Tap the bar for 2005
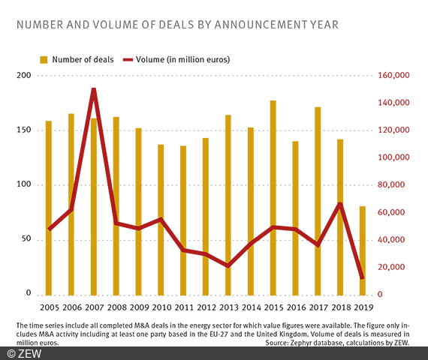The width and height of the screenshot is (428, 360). coord(49,207)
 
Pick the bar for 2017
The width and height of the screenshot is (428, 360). coord(318,200)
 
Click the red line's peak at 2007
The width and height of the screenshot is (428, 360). coord(94,89)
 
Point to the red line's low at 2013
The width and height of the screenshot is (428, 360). coord(228,266)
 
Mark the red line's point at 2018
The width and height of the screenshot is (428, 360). coord(340,203)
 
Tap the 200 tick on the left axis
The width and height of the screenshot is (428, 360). coord(23,76)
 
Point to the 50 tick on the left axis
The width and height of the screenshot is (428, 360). coord(25,239)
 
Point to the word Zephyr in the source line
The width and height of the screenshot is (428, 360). coord(309,342)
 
